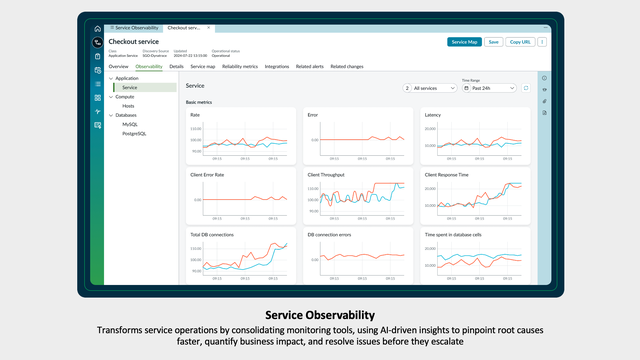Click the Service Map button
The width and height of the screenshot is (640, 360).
[464, 42]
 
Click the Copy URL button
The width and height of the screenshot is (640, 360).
[520, 42]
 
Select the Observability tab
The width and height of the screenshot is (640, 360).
[148, 66]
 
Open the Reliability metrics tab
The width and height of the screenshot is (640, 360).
[239, 66]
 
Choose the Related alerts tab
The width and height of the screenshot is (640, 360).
[309, 66]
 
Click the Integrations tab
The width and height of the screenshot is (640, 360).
[277, 66]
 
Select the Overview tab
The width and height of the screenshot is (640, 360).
[118, 66]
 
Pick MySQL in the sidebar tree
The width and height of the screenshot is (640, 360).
[131, 124]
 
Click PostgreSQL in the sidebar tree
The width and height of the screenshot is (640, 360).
[135, 132]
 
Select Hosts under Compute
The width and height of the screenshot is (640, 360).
[129, 105]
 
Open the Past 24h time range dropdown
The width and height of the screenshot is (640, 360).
[488, 88]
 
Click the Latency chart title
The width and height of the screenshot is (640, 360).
[432, 115]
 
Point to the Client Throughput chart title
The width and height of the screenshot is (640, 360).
[326, 174]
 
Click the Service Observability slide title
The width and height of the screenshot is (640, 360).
[319, 314]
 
